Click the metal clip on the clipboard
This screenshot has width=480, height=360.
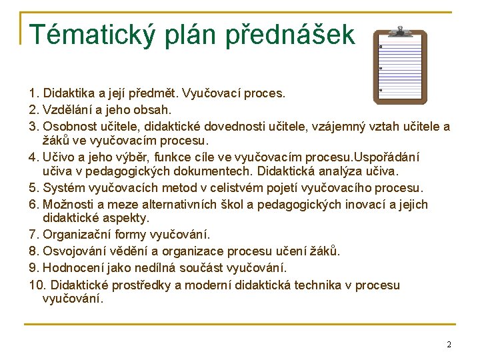pyautogui.click(x=400, y=31)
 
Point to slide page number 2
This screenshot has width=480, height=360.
pyautogui.click(x=449, y=344)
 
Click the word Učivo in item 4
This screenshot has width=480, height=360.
pyautogui.click(x=57, y=157)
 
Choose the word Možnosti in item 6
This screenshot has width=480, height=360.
pyautogui.click(x=67, y=204)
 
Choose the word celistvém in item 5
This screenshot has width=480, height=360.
pyautogui.click(x=237, y=189)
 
